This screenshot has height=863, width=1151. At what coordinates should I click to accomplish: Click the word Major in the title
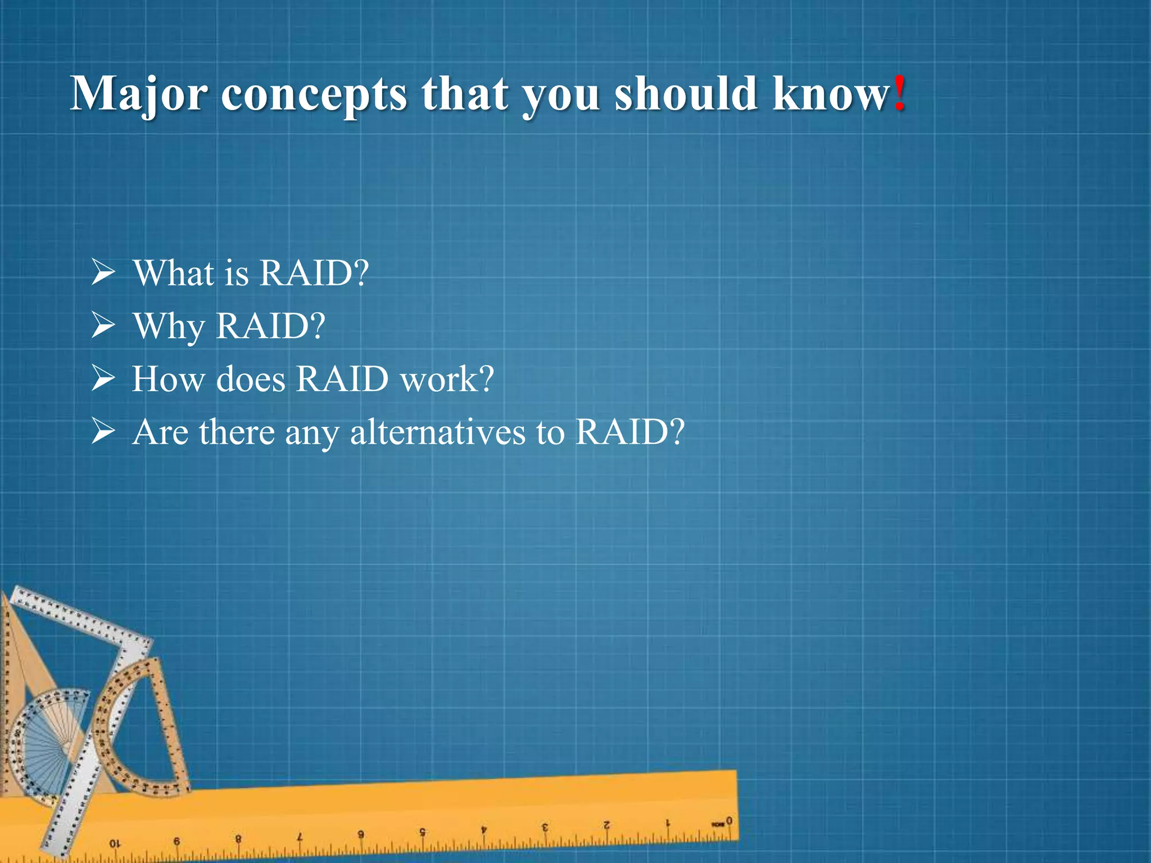point(139,94)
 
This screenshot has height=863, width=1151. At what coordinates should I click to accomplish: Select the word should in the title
point(685,93)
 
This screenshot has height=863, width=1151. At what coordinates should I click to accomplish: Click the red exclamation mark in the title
point(900,93)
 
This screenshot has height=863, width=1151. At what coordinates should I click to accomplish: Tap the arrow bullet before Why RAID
point(103,325)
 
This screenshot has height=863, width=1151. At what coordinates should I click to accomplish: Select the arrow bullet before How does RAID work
point(103,378)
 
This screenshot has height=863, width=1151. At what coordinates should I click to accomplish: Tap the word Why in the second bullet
point(169,326)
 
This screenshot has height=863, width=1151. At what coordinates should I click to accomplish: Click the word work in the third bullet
point(446,379)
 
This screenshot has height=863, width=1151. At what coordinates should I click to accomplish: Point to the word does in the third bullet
point(251,379)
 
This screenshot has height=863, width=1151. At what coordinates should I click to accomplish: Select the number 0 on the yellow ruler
point(729,821)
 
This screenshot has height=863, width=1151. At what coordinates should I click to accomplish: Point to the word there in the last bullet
point(236,431)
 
